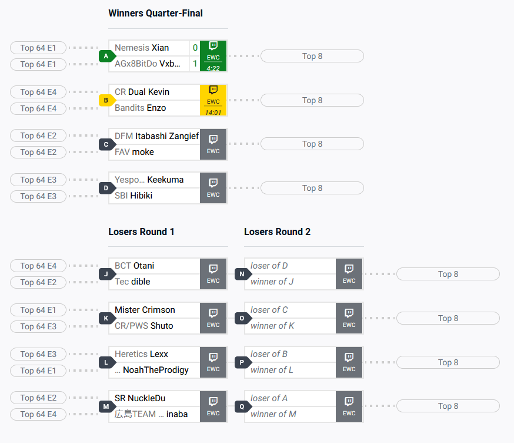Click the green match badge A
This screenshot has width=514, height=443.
106,56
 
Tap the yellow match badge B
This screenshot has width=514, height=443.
106,100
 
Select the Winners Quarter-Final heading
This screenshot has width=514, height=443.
155,13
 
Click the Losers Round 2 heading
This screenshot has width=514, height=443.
277,232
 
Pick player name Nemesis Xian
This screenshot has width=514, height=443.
142,48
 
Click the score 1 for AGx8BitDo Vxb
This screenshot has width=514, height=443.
195,64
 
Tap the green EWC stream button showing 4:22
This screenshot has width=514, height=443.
213,56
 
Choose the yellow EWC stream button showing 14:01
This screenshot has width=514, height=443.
213,100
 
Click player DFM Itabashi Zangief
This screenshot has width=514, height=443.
156,136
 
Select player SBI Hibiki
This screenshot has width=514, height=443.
133,196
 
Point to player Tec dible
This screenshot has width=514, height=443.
132,282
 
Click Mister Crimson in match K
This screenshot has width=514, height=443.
145,310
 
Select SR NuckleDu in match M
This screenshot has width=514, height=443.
140,398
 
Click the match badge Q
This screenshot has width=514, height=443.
242,406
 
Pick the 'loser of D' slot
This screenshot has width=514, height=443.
269,266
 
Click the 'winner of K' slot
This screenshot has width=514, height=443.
272,326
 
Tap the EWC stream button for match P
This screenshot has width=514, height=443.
349,362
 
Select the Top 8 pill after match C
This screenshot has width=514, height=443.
312,144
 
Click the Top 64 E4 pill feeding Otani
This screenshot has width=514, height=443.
38,266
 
